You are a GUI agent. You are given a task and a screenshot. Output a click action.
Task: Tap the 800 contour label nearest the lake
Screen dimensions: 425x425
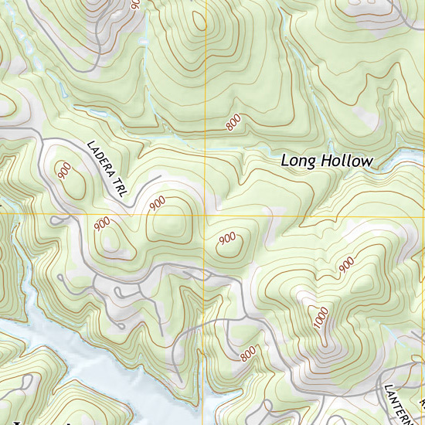click(247, 354)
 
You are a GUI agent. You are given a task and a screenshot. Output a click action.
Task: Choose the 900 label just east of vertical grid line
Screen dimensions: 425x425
click(227, 239)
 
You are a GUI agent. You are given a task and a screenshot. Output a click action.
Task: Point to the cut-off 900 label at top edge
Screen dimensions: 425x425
click(137, 4)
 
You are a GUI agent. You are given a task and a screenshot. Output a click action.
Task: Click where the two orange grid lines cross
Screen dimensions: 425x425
click(205, 214)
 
